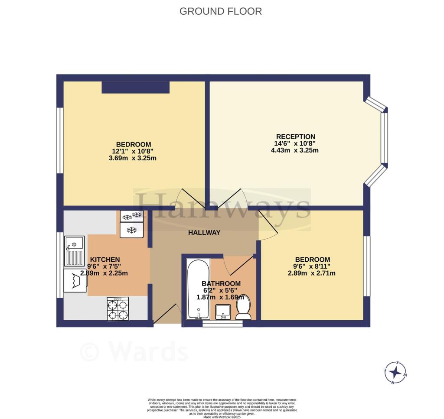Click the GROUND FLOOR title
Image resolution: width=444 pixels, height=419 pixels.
pyautogui.click(x=221, y=11)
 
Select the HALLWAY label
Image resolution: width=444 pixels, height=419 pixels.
pyautogui.click(x=204, y=233)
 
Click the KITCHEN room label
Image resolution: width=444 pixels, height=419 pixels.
pyautogui.click(x=104, y=260)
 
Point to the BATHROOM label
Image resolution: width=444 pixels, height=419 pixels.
pyautogui.click(x=222, y=284)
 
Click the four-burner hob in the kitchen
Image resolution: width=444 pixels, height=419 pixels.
pyautogui.click(x=118, y=309)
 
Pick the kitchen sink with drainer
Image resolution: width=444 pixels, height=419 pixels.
pyautogui.click(x=75, y=251)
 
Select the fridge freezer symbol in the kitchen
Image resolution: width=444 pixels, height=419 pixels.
pyautogui.click(x=131, y=223)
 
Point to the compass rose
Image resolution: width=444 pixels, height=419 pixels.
pyautogui.click(x=395, y=372)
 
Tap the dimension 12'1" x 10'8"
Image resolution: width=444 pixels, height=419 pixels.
pyautogui.click(x=133, y=151)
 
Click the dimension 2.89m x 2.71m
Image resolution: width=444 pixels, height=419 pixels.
pyautogui.click(x=312, y=273)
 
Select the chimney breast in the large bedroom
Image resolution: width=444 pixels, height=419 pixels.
pyautogui.click(x=135, y=87)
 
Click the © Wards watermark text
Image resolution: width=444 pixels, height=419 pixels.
pyautogui.click(x=134, y=352)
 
